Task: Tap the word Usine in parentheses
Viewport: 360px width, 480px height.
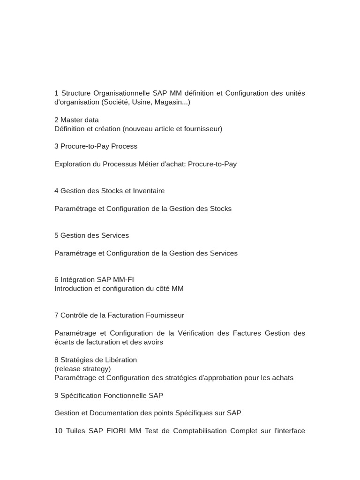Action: (x=143, y=102)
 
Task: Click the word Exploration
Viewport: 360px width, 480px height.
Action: (x=73, y=164)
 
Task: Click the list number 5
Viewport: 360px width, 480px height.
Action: (x=56, y=235)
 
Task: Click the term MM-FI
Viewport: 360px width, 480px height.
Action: (x=123, y=280)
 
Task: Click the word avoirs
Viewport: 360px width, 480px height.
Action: (x=152, y=342)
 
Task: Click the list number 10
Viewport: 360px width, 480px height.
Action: (x=58, y=431)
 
